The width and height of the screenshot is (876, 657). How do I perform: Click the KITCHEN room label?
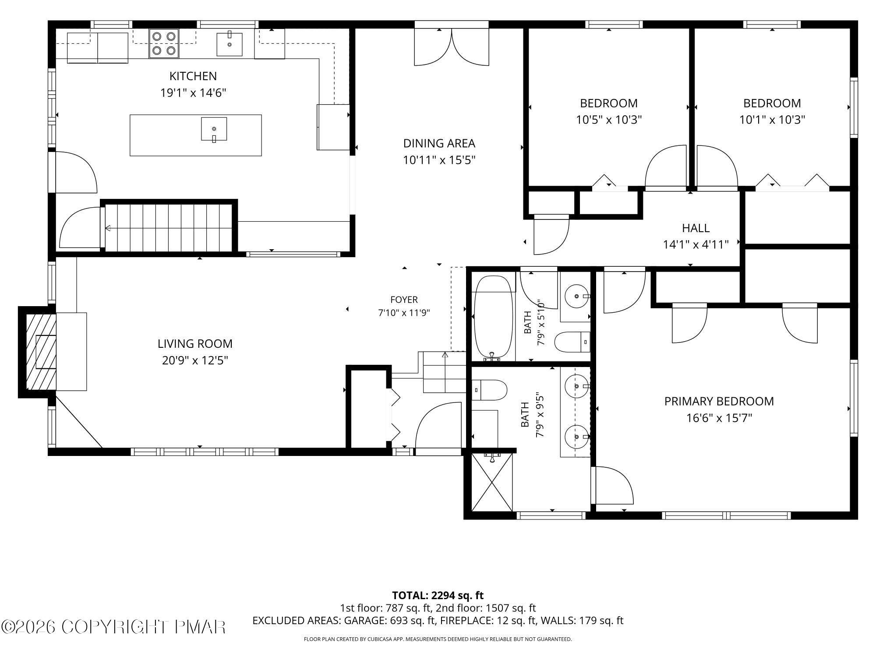(x=193, y=76)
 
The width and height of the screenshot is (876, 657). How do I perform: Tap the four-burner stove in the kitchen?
(x=164, y=43)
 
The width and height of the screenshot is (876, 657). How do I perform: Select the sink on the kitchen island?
(x=214, y=129)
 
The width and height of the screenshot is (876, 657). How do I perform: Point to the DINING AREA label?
(x=439, y=143)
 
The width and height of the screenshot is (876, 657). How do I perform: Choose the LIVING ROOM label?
(x=195, y=344)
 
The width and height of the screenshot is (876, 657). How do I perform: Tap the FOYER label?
(x=404, y=300)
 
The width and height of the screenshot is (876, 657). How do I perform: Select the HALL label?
(x=696, y=228)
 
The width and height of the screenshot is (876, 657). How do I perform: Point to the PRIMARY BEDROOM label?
(x=719, y=401)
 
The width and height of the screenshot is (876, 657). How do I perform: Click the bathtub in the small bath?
(x=494, y=317)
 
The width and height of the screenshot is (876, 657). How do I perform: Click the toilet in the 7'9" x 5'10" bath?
(x=572, y=342)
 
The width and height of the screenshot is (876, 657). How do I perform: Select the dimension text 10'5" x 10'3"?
(x=609, y=120)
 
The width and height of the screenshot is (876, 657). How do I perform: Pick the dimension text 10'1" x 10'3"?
(x=772, y=120)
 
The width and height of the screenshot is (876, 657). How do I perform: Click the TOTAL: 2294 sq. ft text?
(x=438, y=595)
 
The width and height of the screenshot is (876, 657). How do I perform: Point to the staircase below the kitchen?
(x=169, y=228)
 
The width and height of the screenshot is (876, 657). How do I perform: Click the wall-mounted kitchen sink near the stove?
(x=230, y=44)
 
